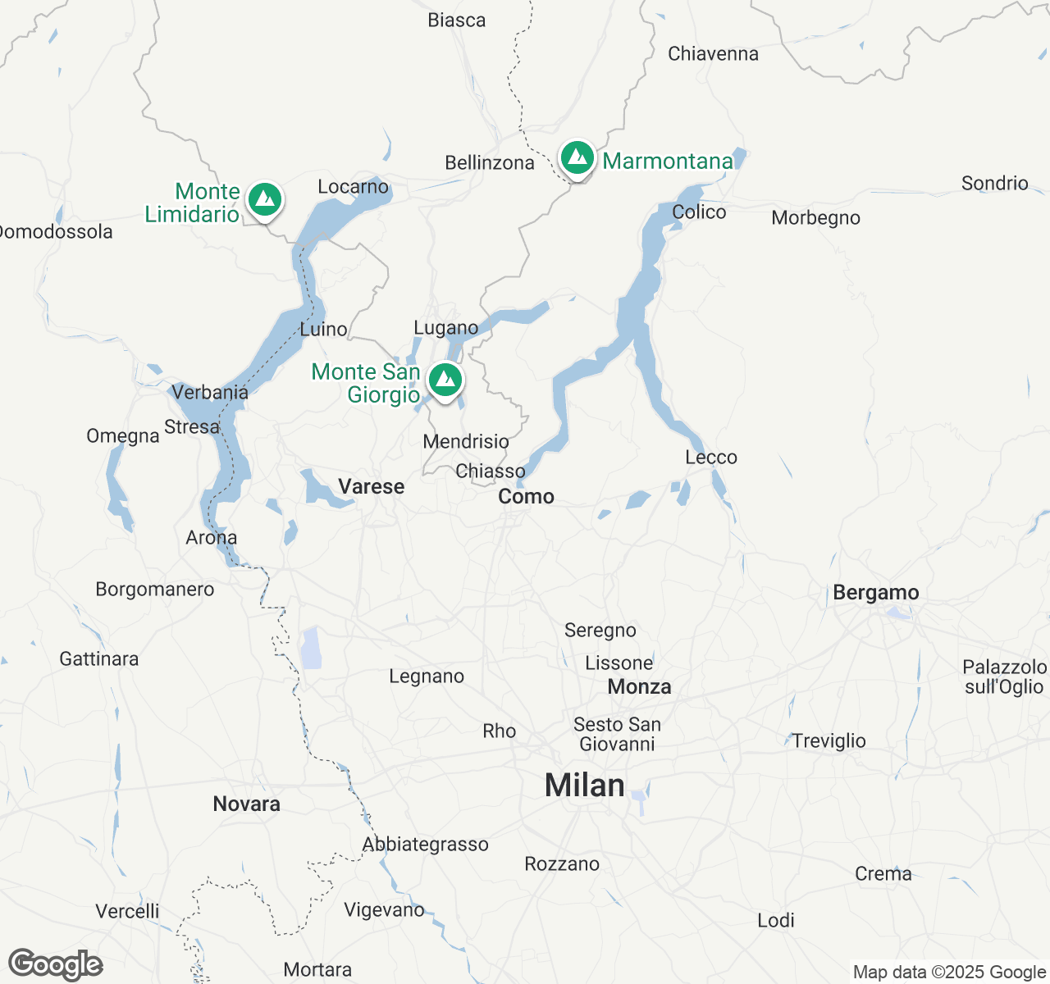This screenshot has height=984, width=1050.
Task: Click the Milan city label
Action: [x=584, y=786]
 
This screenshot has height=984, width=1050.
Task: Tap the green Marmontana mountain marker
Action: [x=577, y=157]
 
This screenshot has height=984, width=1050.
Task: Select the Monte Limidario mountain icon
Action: [x=265, y=199]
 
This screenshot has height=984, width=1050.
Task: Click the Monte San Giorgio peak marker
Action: [x=445, y=380]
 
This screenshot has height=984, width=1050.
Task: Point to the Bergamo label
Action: [x=875, y=593]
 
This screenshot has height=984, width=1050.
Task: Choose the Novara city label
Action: [x=246, y=804]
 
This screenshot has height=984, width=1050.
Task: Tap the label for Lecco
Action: [x=711, y=458]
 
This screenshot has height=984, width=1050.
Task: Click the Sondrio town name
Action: [x=994, y=183]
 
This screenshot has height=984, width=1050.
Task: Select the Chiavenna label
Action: [x=713, y=54]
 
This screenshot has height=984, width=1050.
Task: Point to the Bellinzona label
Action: [x=489, y=163]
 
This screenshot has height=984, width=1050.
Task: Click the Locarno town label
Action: [x=353, y=187]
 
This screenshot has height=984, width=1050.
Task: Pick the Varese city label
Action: [x=372, y=487]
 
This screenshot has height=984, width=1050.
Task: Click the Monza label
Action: [x=639, y=687]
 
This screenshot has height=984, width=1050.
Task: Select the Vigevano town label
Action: [x=384, y=910]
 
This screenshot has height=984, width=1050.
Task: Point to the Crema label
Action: [x=883, y=874]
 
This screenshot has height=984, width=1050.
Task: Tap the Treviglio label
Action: [x=829, y=741]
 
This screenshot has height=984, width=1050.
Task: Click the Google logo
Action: [x=56, y=965]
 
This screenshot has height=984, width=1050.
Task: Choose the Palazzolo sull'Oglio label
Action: [x=1004, y=677]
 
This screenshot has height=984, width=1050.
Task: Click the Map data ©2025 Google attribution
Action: [x=949, y=973]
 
